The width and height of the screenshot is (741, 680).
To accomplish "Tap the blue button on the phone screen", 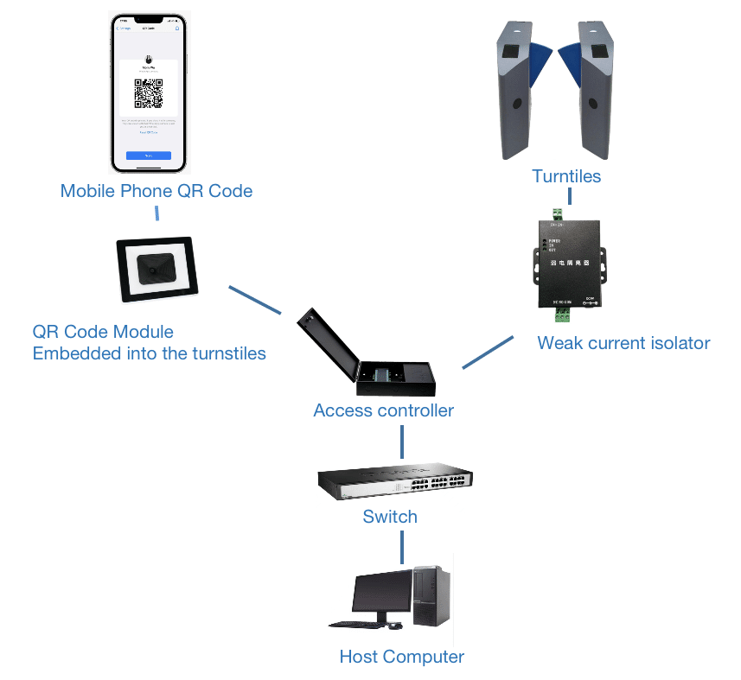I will (149, 156).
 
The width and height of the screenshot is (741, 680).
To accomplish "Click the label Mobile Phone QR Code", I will (157, 191).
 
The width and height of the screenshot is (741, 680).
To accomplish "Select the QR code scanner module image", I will (157, 270).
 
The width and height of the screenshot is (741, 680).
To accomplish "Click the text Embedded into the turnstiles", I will (149, 353).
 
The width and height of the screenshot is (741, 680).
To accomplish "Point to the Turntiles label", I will (566, 176).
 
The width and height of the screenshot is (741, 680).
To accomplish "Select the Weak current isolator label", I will (623, 343).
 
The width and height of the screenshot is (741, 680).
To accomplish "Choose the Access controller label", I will (383, 410).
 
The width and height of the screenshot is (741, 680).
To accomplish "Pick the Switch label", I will (390, 517).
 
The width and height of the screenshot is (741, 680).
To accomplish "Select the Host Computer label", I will (402, 657).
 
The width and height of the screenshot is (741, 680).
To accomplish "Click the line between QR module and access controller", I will (254, 299).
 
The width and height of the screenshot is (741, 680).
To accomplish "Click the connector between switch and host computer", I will (402, 547).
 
